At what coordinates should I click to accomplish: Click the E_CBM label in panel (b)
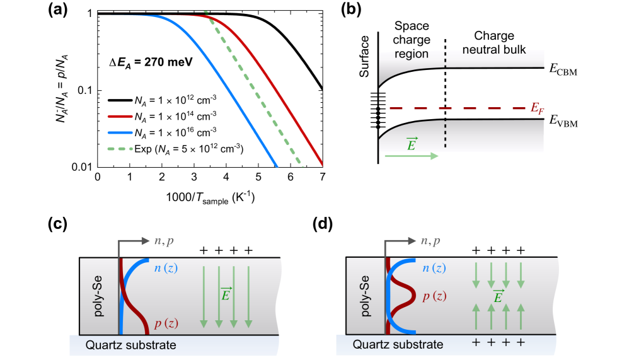[x=563, y=71]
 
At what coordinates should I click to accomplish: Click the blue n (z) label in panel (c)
[x=168, y=272]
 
